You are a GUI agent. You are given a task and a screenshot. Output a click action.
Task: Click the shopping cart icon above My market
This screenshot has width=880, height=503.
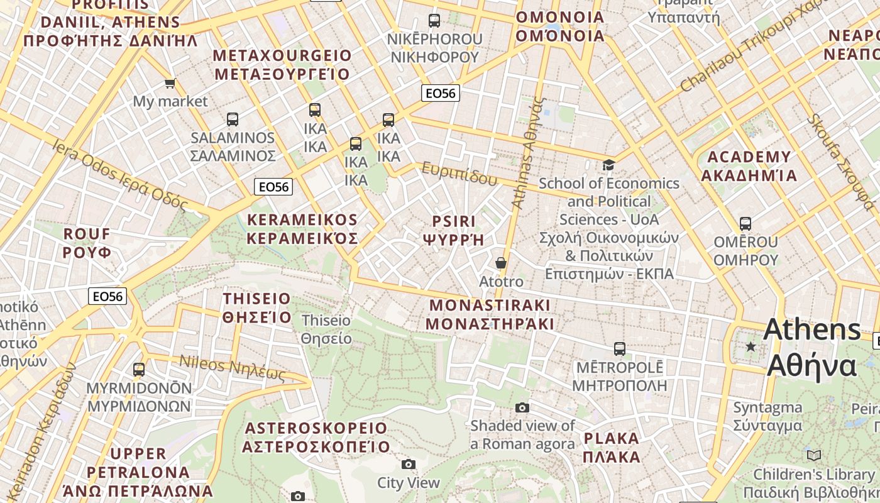coord(170,83)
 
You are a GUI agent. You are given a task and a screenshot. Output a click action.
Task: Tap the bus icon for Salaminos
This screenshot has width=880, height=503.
coord(233,119)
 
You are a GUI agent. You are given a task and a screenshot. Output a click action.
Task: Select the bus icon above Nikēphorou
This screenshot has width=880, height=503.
coord(434,20)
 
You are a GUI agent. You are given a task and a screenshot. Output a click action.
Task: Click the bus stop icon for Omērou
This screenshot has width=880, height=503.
coord(745,223)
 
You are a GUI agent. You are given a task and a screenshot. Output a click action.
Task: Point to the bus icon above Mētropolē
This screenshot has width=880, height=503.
coord(620,348)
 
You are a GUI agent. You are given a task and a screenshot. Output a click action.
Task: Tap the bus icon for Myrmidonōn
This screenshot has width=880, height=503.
coord(139,369)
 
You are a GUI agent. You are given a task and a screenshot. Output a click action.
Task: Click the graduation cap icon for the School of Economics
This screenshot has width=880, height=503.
coord(608,165)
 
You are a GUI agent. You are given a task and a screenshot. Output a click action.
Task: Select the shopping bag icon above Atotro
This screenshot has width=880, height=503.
coord(501,262)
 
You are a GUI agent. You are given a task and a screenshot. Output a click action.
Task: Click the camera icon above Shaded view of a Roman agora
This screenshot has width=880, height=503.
coord(522,407)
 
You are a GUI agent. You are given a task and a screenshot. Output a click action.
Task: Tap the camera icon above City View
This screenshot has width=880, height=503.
coord(409,464)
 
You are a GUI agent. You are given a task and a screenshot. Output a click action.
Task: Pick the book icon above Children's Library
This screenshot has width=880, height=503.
coord(814,455)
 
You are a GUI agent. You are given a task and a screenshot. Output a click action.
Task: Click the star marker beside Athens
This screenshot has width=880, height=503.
coord(751,346)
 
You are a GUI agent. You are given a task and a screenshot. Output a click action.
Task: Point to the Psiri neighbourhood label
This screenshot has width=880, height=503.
coord(454,230)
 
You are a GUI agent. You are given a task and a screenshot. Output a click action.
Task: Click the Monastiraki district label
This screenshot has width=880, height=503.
coord(490,314)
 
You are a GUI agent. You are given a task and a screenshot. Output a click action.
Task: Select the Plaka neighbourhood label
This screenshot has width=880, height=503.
coord(611,447)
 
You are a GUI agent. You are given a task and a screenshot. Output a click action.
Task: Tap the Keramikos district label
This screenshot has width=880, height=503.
coord(302,229)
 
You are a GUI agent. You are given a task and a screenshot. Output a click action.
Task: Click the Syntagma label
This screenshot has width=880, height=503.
coord(767,416)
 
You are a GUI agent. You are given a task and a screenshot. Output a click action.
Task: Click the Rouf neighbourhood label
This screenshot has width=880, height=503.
coord(87,243)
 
